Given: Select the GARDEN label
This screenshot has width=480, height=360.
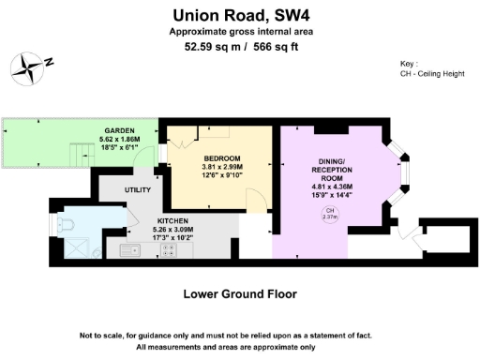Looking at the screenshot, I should pos(118,129).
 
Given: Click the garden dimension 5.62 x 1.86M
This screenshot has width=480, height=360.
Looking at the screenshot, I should pos(118,138).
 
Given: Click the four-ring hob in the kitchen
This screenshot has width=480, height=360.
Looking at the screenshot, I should pos(169,250).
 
